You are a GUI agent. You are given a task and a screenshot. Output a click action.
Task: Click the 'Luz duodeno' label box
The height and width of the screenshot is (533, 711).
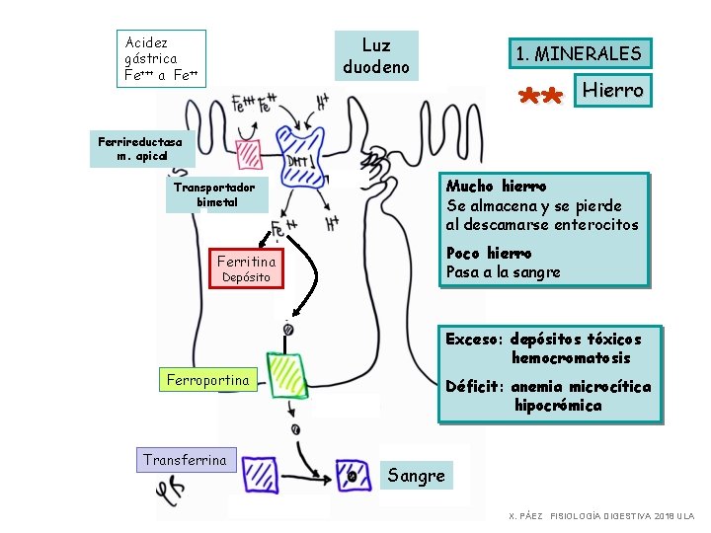point(376,56)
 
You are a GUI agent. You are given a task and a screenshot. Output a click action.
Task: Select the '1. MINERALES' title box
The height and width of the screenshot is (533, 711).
point(578,54)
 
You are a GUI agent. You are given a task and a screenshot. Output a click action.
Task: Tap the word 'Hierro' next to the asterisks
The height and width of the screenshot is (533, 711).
point(612,91)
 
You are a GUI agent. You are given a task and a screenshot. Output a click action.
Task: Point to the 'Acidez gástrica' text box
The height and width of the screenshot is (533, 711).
point(161,58)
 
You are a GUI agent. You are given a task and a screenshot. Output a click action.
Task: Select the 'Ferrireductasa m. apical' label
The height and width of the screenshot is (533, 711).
point(141,148)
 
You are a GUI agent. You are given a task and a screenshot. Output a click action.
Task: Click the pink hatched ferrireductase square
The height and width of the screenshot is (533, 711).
point(248,153)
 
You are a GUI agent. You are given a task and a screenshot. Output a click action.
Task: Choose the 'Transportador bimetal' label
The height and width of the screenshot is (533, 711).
point(214,194)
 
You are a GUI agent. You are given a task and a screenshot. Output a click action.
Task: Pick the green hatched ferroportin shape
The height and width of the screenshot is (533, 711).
point(287,374)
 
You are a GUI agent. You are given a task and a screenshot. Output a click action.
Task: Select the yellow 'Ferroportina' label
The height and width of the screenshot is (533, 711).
point(207,380)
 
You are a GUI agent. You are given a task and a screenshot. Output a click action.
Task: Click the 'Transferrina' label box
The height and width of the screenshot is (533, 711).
point(185,460)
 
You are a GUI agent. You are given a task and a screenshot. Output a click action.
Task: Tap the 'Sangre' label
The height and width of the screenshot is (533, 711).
point(416,476)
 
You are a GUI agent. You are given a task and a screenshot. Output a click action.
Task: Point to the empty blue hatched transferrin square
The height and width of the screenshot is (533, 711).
point(261,474)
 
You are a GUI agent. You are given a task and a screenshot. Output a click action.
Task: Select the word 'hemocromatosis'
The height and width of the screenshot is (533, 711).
point(571,358)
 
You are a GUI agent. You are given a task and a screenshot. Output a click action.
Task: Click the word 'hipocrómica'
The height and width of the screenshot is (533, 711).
point(557,406)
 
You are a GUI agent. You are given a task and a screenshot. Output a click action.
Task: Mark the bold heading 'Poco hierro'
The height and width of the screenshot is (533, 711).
point(488,253)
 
